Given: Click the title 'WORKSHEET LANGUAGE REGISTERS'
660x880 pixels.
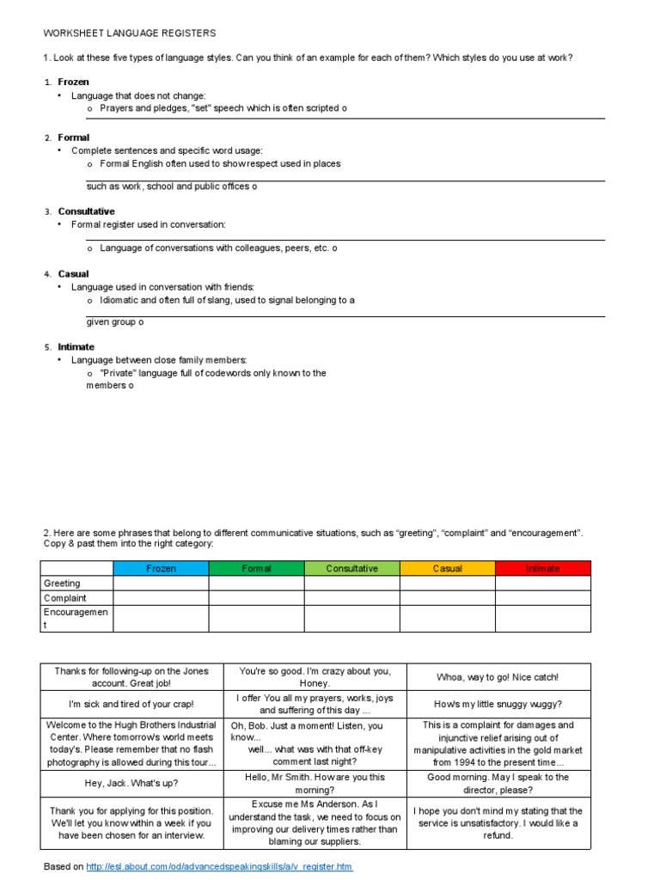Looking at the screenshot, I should click(x=130, y=33).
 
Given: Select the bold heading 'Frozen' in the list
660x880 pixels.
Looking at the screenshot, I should click(x=73, y=82).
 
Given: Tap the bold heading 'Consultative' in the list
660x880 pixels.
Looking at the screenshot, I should click(x=86, y=211).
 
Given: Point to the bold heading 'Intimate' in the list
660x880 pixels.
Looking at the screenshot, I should click(x=76, y=346).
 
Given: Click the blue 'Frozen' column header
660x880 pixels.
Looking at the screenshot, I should click(x=161, y=568).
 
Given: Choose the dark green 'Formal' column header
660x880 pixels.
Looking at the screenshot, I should click(x=256, y=568).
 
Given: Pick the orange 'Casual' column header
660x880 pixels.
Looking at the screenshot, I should click(x=447, y=568).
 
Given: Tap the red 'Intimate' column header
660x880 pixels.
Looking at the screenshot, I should click(x=542, y=568).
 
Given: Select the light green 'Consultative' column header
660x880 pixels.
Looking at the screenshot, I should click(x=351, y=568).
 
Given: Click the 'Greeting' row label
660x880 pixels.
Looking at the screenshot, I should click(x=62, y=583).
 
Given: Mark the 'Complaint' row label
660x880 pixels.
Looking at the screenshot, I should click(x=65, y=597).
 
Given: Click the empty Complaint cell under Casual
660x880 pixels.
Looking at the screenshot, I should click(x=447, y=597).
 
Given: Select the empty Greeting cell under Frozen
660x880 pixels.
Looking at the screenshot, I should click(x=161, y=583).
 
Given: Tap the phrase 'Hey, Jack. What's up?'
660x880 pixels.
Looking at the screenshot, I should click(x=131, y=783).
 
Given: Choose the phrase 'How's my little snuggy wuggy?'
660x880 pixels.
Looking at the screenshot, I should click(x=498, y=704).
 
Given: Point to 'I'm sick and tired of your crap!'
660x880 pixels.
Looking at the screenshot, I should click(x=131, y=704).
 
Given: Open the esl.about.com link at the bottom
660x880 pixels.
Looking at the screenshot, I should click(x=219, y=866).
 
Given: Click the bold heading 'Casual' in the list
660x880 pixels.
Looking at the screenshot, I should click(x=73, y=273).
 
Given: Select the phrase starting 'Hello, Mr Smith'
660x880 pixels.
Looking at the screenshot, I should click(x=314, y=783).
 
